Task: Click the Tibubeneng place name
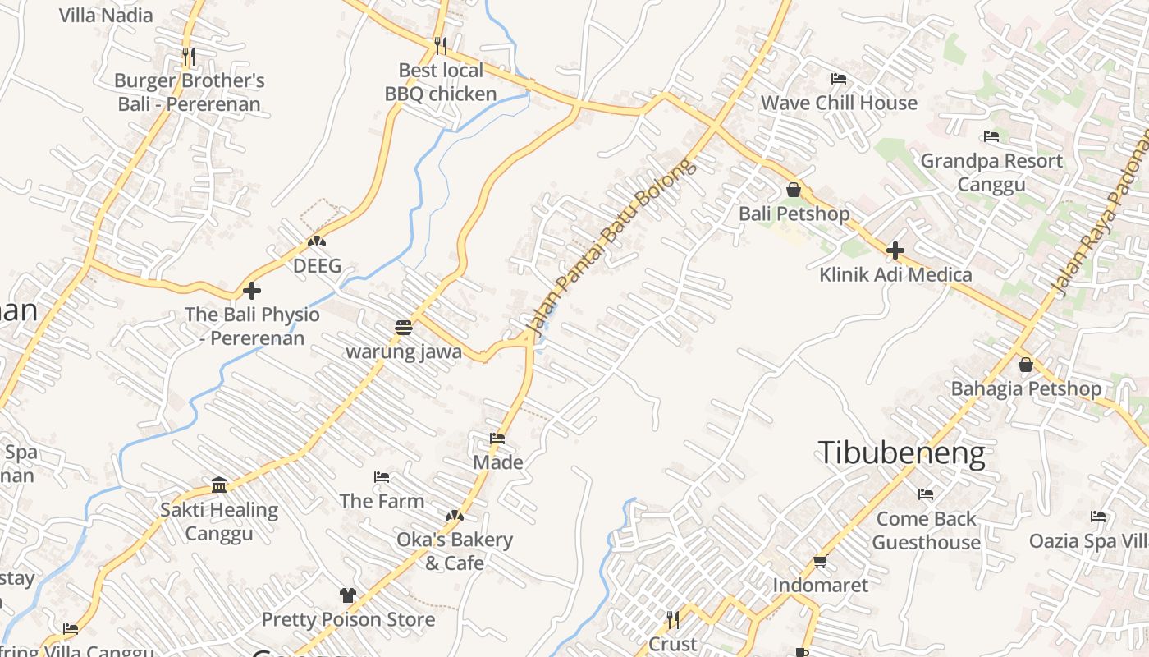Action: click(x=901, y=453)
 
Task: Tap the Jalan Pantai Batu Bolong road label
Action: click(x=611, y=246)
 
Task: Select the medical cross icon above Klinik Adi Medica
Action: click(x=895, y=250)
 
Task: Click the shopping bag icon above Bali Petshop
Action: click(x=794, y=190)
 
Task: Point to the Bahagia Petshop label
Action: click(x=1026, y=388)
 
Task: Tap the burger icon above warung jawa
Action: click(x=403, y=327)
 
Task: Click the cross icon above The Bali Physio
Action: click(x=252, y=290)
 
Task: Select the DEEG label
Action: click(x=317, y=266)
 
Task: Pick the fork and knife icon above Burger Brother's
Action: click(x=189, y=57)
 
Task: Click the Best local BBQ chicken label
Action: click(x=441, y=82)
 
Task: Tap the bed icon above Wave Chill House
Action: click(x=839, y=79)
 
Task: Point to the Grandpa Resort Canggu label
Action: click(x=991, y=172)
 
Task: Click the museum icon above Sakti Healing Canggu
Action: click(x=219, y=485)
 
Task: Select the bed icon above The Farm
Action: click(x=382, y=476)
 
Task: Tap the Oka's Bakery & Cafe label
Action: click(x=455, y=551)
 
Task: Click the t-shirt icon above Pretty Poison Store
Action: click(x=348, y=595)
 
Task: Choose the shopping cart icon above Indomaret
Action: click(x=820, y=562)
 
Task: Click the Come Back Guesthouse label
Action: click(x=927, y=531)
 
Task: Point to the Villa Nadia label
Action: click(x=106, y=15)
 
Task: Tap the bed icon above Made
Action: click(x=497, y=438)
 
